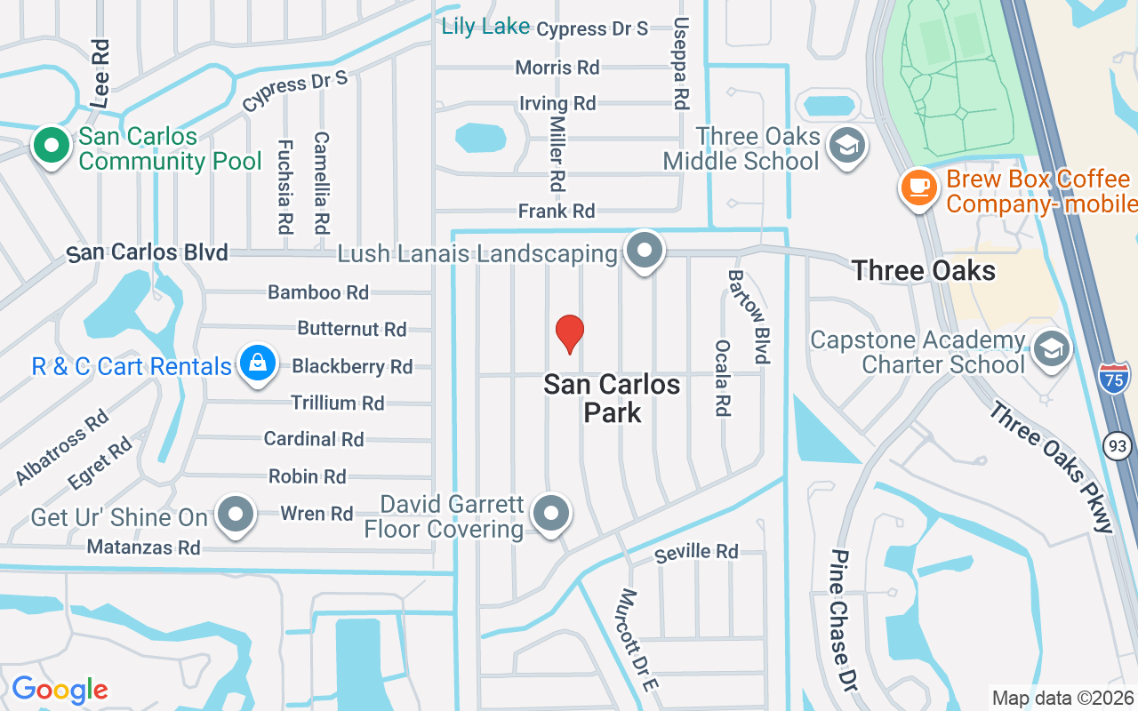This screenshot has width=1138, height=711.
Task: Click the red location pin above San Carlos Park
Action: point(569,333)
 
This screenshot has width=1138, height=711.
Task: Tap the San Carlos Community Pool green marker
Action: point(52,145)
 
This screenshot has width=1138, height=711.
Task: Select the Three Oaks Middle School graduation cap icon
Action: point(845,146)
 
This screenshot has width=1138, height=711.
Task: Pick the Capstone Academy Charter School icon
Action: point(1051,350)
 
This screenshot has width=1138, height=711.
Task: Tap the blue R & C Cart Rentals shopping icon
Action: point(257,363)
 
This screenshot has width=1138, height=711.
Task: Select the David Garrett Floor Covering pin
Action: point(551,514)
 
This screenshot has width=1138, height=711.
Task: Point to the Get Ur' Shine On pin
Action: point(236,515)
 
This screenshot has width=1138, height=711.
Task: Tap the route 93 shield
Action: point(1118,443)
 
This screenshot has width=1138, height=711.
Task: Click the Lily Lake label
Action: point(485,27)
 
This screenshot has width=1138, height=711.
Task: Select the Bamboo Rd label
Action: point(318,292)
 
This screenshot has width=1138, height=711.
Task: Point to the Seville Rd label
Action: point(696,553)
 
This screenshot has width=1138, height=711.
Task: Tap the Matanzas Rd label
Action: point(143,547)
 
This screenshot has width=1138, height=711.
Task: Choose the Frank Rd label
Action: point(557,212)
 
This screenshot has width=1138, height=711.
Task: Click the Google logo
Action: point(60,690)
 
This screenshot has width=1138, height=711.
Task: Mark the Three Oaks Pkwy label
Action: point(1052,467)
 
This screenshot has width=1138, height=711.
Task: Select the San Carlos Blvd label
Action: point(148,253)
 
